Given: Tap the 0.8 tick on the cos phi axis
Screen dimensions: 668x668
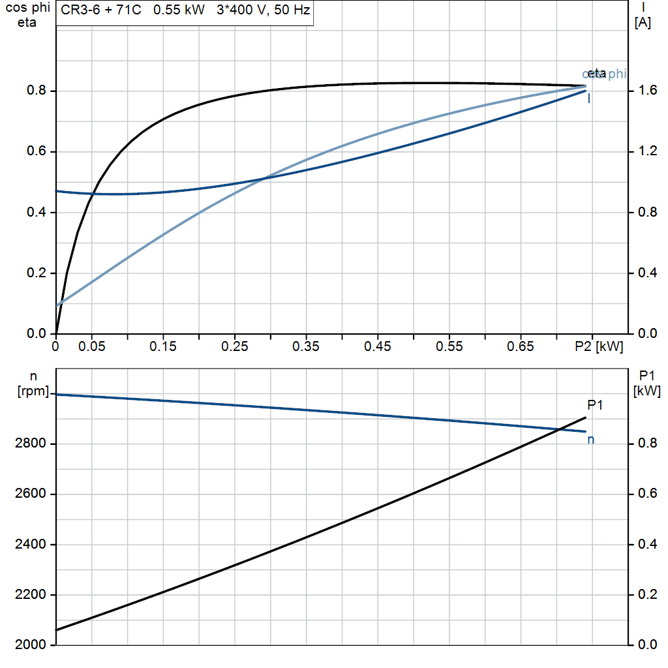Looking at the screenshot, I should point(37,91).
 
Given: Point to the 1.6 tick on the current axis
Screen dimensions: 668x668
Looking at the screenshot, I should point(645,91).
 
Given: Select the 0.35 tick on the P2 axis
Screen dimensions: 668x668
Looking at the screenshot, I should point(306,346).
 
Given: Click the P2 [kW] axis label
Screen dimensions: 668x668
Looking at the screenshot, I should point(600,346).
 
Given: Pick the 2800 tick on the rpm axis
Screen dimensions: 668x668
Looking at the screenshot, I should point(30,444).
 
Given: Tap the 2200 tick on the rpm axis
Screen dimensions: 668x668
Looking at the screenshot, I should point(30,595).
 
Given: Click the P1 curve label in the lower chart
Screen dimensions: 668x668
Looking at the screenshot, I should point(595,405).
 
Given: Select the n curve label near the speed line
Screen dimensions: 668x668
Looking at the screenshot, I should point(590,440).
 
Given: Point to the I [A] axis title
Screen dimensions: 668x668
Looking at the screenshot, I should point(643,16).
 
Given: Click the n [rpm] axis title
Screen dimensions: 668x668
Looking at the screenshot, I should point(33,383).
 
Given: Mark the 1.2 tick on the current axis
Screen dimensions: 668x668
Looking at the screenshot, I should point(645,152).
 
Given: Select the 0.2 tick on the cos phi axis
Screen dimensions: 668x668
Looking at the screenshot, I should point(37,273).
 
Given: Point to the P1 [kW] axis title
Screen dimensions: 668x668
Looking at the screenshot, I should point(647,383).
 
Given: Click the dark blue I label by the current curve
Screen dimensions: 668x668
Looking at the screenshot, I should point(590,99).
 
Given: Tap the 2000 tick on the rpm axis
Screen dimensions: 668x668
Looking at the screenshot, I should point(30,645).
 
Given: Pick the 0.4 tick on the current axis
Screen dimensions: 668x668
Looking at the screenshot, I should point(645,273).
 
